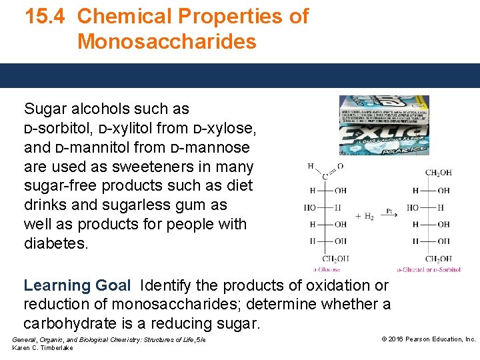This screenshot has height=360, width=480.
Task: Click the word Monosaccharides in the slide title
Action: (167, 41)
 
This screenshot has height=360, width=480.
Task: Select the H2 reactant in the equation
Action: (365, 216)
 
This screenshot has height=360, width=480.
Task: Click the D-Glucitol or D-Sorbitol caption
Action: (429, 270)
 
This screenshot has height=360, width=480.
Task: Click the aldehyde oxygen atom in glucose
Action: (341, 166)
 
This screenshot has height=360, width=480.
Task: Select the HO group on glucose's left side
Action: (310, 207)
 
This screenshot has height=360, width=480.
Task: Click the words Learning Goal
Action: (77, 285)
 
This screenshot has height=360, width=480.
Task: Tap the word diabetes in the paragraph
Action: (56, 243)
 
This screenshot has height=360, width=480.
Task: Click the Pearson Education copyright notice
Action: (428, 339)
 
